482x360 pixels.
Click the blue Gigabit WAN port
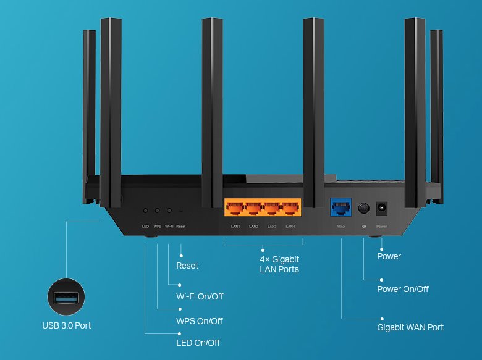[x=341, y=207]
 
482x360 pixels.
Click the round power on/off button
[x=364, y=208]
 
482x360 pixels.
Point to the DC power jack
[x=381, y=208]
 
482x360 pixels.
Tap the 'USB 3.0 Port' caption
[x=66, y=325]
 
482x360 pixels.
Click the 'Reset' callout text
[x=187, y=266]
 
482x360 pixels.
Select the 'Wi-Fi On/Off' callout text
[x=200, y=296]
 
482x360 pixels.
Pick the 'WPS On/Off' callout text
[x=199, y=321]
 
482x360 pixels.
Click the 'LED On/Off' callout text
[x=198, y=343]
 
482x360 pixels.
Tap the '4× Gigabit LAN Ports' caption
[x=279, y=264]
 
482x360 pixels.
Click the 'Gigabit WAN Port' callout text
[x=410, y=327]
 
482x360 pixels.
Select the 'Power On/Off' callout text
[x=403, y=289]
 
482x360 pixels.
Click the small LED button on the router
[x=146, y=211]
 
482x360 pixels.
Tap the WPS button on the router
[x=157, y=211]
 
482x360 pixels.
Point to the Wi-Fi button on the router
[x=169, y=211]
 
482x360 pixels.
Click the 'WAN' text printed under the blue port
[x=341, y=227]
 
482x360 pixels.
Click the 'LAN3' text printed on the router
[x=272, y=227]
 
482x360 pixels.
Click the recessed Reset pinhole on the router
[x=180, y=211]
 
